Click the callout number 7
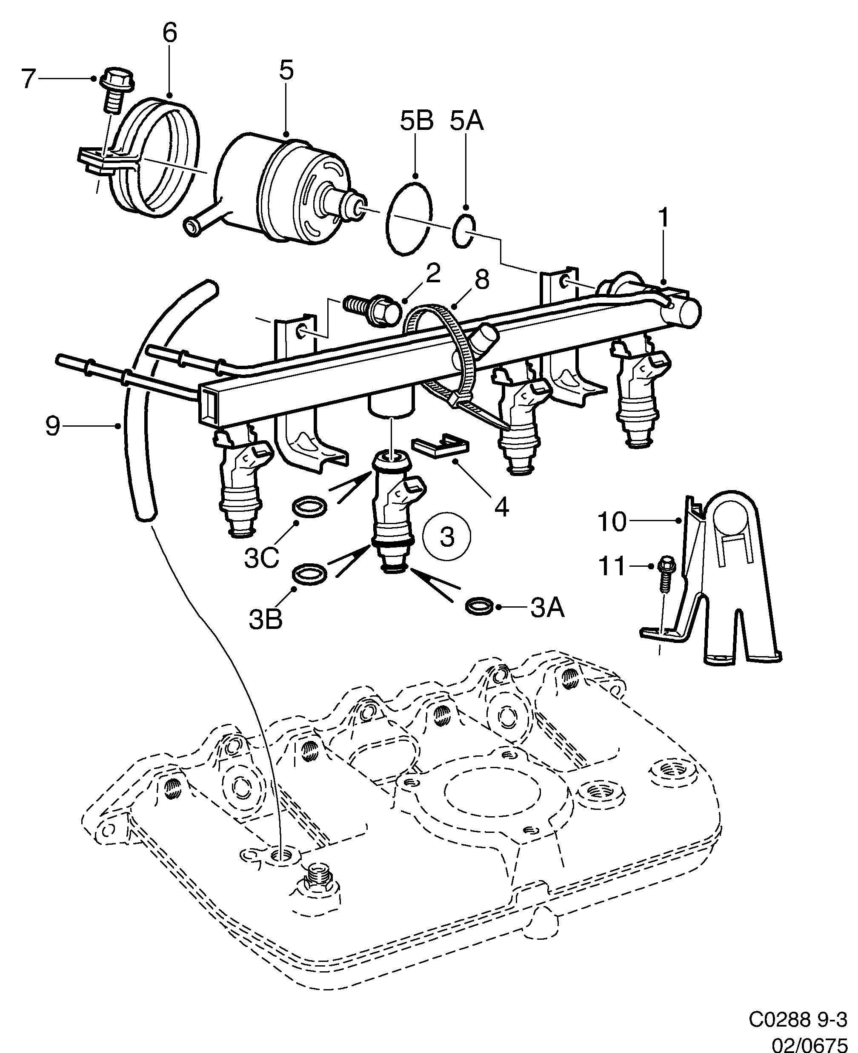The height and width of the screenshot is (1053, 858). click(x=28, y=79)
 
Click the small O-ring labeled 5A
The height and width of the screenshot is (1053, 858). click(x=464, y=231)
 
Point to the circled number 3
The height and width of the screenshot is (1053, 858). click(x=447, y=536)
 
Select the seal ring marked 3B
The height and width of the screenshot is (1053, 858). click(x=310, y=574)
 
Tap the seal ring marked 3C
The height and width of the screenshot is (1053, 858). click(x=310, y=507)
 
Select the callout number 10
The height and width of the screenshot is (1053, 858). click(x=612, y=522)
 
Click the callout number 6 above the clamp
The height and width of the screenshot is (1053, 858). click(x=169, y=34)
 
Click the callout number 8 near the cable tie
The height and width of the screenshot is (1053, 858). click(x=481, y=280)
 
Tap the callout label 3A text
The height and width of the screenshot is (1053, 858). click(x=547, y=608)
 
